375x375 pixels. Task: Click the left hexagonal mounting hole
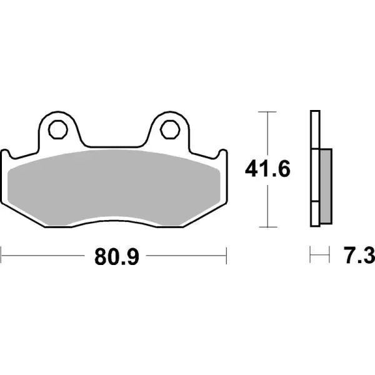pyautogui.click(x=57, y=130)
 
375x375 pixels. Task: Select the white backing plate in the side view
pyautogui.click(x=314, y=169)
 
